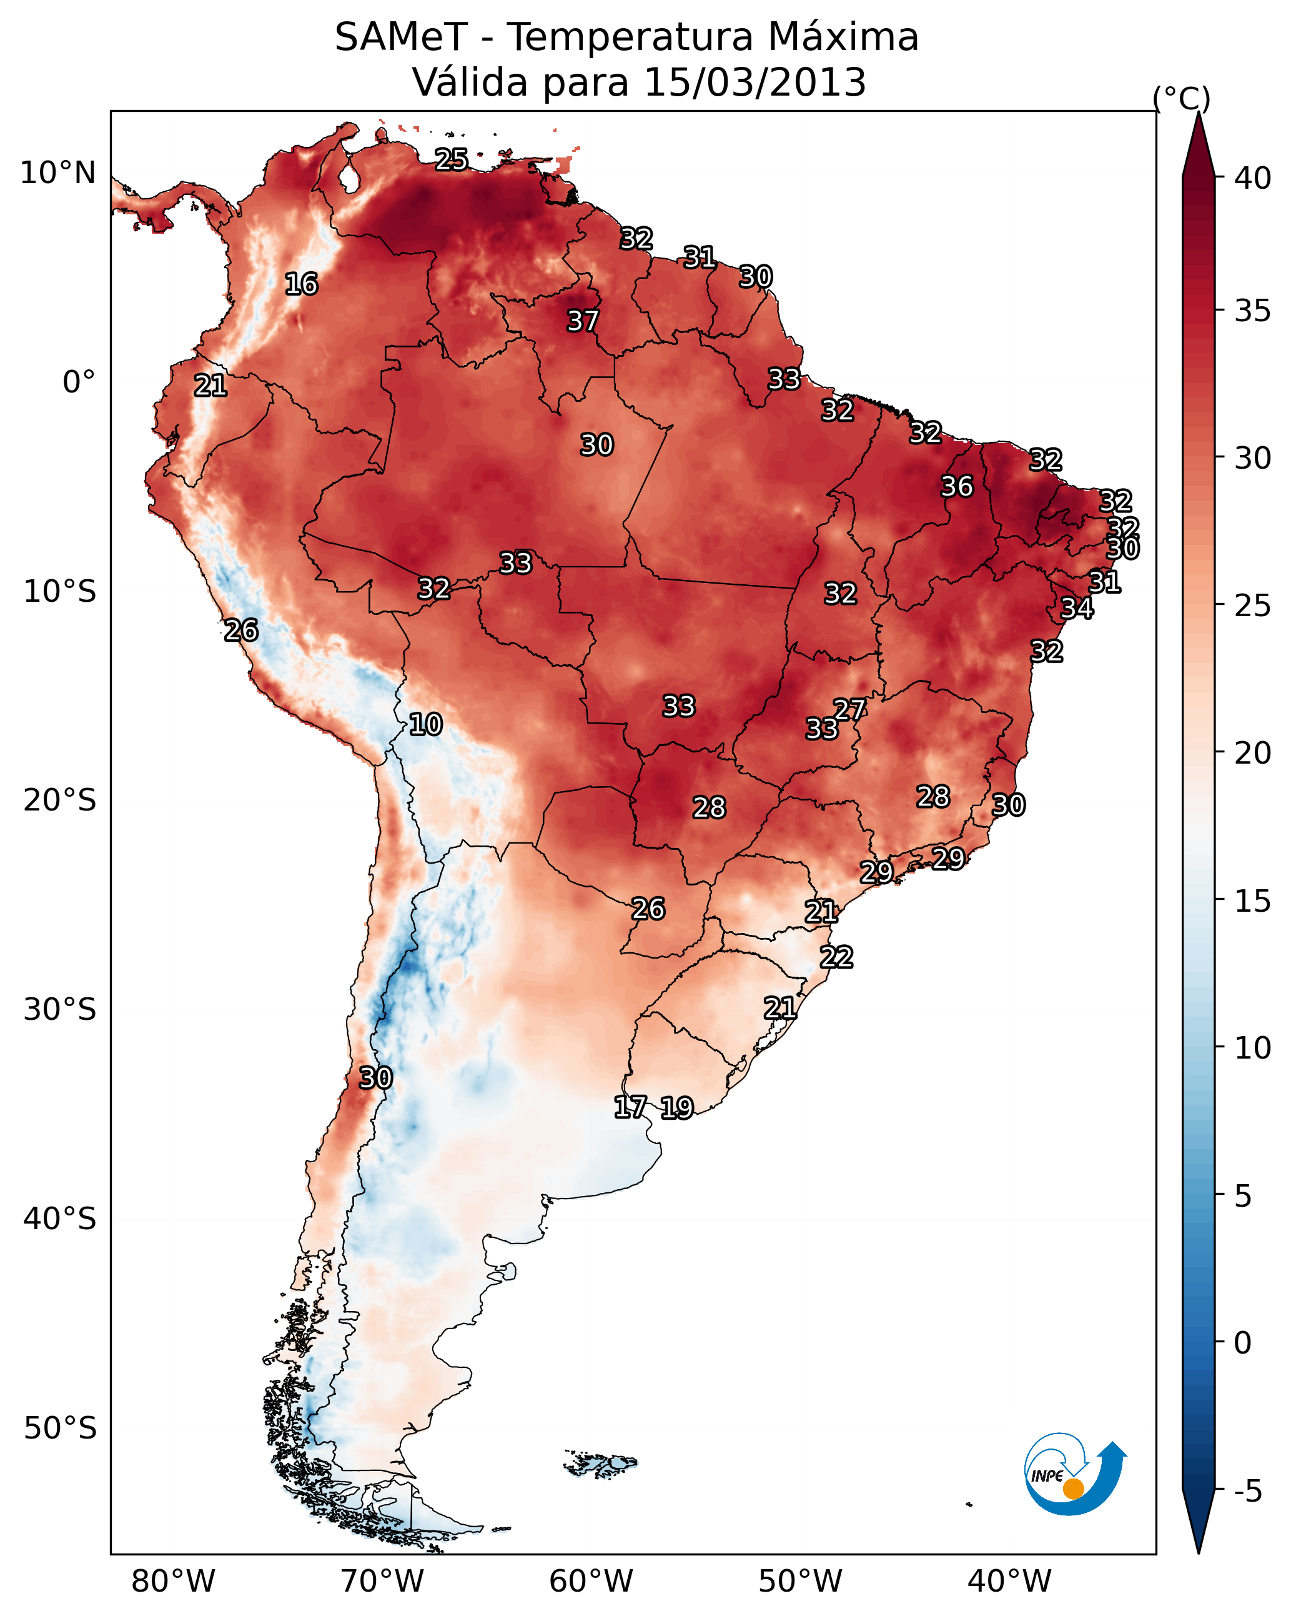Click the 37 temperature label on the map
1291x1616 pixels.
click(x=582, y=321)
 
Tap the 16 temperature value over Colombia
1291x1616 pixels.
click(x=301, y=284)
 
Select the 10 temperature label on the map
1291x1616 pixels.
click(x=425, y=724)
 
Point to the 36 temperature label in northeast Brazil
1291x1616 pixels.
click(x=957, y=486)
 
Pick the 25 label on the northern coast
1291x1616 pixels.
click(x=452, y=159)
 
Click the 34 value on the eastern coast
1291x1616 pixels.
click(x=1077, y=608)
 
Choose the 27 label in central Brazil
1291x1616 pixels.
click(x=849, y=709)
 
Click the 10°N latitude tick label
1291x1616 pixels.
click(x=57, y=173)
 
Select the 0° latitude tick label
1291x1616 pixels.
click(x=79, y=382)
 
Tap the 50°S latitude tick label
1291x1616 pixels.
click(x=60, y=1429)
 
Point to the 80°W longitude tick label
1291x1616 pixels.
click(x=173, y=1582)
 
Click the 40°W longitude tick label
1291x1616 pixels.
click(x=1009, y=1582)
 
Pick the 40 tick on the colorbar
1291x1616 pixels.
click(x=1253, y=178)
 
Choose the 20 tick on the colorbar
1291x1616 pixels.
click(x=1253, y=753)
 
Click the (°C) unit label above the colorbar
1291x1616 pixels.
click(x=1182, y=98)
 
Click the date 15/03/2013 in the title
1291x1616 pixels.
click(x=754, y=82)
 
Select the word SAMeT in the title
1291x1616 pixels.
click(x=401, y=37)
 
